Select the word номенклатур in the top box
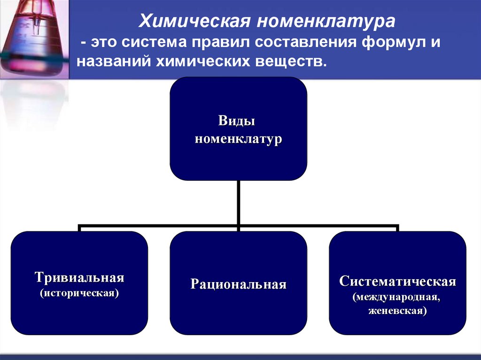point(238,139)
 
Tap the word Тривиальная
point(79,277)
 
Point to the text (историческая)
point(79,293)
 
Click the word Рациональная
point(238,284)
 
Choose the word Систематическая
point(397,282)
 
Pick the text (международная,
point(397,297)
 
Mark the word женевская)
point(397,311)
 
